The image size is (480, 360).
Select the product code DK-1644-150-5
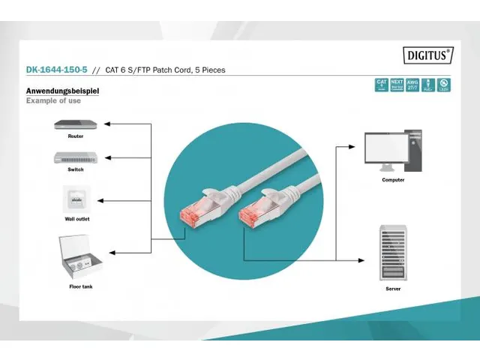pos(56,70)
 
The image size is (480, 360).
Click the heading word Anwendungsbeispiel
pos(62,91)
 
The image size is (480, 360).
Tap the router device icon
pos(75,124)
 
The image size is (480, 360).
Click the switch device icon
pos(75,157)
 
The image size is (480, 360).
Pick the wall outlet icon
pos(75,200)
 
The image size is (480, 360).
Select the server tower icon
pos(393,253)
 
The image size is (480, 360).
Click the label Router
pos(75,136)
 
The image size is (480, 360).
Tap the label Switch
pos(75,169)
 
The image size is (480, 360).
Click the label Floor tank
pos(81,286)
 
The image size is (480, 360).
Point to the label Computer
pos(393,180)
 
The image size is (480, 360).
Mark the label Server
pos(393,289)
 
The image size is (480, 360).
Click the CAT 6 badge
pos(382,85)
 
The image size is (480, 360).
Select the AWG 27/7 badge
pos(412,85)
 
